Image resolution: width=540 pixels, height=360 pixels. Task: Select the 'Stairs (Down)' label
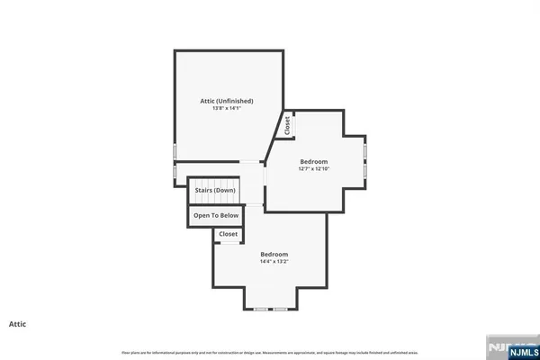click(213, 191)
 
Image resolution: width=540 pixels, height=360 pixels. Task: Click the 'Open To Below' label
click(216, 216)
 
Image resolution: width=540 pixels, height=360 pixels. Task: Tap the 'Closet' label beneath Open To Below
click(228, 234)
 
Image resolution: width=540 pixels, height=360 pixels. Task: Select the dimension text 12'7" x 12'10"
click(315, 168)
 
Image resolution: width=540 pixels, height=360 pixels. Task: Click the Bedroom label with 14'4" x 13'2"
click(274, 254)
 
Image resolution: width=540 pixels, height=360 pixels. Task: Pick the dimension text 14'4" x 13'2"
click(274, 262)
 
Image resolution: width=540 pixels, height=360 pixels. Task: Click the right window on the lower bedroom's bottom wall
click(281, 309)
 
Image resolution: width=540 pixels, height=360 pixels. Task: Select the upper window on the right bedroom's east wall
click(365, 144)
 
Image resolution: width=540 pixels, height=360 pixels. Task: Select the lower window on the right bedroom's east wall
click(365, 168)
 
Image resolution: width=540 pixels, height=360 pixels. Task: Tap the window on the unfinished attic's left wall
click(175, 148)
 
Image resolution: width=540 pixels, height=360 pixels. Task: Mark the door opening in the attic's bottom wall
click(250, 162)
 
